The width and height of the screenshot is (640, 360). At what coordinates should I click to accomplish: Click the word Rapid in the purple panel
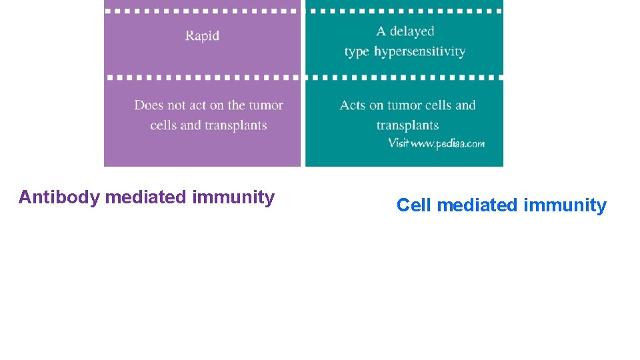pyautogui.click(x=202, y=36)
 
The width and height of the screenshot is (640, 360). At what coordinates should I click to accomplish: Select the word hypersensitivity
pyautogui.click(x=419, y=52)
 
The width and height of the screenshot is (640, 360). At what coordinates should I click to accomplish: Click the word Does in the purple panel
pyautogui.click(x=149, y=105)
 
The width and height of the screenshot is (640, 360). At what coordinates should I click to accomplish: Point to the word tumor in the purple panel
pyautogui.click(x=267, y=105)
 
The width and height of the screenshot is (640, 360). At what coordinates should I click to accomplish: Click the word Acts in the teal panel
pyautogui.click(x=353, y=105)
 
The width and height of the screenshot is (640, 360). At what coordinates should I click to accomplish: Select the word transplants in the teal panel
pyautogui.click(x=407, y=125)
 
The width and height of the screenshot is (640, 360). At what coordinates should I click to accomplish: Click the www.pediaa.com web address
pyautogui.click(x=447, y=143)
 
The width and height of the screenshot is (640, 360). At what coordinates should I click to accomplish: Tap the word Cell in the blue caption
pyautogui.click(x=414, y=205)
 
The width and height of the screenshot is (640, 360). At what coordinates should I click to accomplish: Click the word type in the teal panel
pyautogui.click(x=357, y=52)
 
